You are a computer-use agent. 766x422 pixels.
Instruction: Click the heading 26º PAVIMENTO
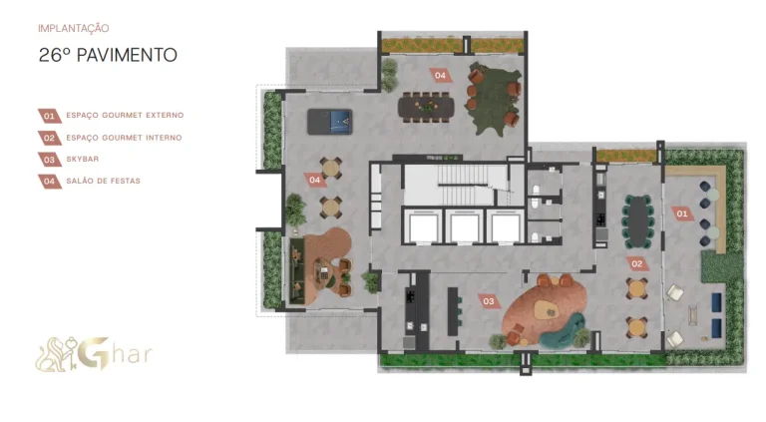point(108,55)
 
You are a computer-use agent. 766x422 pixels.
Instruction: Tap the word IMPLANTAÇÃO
point(73,28)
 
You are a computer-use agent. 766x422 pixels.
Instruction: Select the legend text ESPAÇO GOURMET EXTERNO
point(125,116)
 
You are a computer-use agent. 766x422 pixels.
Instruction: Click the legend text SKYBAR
point(83,159)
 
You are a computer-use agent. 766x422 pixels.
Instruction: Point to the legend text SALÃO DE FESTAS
point(103,181)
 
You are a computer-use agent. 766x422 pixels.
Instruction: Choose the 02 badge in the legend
point(49,138)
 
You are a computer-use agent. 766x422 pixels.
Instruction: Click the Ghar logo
point(94,353)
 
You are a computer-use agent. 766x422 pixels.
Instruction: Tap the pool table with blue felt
point(330,122)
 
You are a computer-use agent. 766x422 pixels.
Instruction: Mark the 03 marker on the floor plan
point(489,301)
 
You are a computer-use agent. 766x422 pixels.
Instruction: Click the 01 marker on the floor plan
point(682,213)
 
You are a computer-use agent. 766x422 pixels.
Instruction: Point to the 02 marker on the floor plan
point(637,264)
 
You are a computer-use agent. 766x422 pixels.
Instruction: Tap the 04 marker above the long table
point(440,75)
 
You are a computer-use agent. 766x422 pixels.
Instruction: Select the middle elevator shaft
point(464,226)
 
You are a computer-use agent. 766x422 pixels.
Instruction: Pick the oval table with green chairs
point(637,221)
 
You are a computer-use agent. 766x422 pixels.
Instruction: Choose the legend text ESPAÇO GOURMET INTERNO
point(124,138)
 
